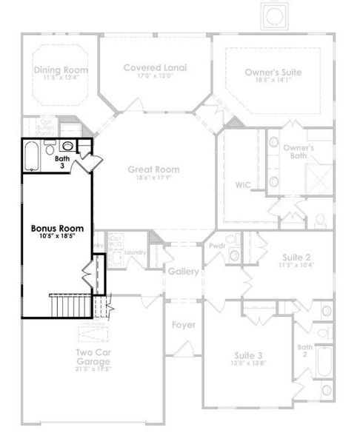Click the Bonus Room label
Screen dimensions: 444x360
56,228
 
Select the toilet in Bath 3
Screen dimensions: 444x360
50,145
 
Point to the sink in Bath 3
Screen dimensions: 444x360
67,147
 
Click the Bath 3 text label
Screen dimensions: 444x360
62,162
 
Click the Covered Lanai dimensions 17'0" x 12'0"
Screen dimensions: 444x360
156,76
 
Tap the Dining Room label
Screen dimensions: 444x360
61,70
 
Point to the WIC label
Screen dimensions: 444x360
243,184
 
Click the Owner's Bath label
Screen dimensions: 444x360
299,152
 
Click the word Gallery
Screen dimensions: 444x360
183,272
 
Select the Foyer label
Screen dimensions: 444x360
183,325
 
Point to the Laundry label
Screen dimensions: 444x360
135,252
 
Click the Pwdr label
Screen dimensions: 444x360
217,245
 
